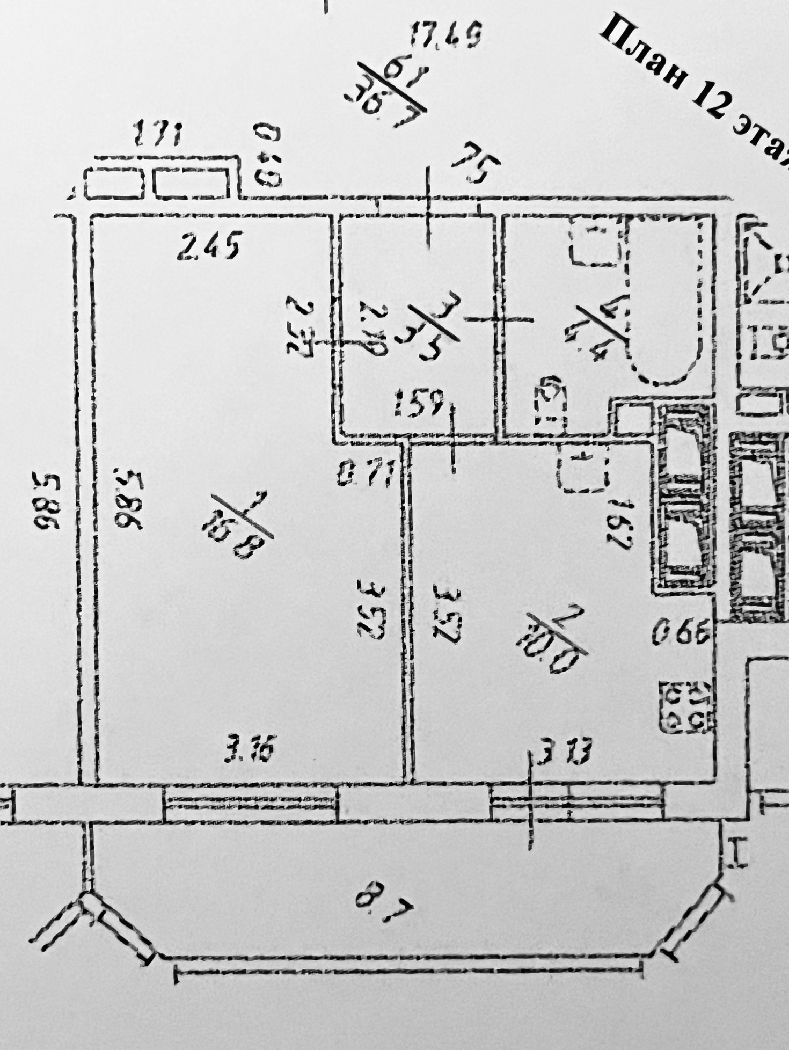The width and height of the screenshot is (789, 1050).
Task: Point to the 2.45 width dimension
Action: (x=209, y=246)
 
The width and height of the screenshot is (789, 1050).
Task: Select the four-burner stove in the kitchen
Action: (x=687, y=707)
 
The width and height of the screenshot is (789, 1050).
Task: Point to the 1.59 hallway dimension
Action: (x=418, y=403)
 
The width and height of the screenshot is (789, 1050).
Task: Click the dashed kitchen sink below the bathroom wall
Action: (x=582, y=468)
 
